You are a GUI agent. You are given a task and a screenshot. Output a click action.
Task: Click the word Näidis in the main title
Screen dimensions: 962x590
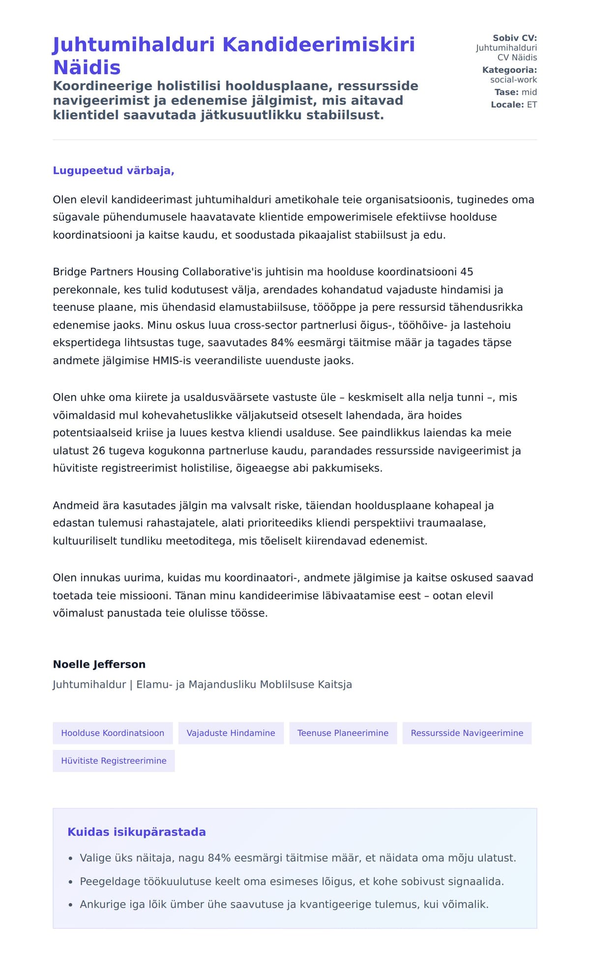(x=87, y=67)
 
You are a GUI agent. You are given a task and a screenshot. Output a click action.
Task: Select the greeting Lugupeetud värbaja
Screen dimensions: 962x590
(x=114, y=170)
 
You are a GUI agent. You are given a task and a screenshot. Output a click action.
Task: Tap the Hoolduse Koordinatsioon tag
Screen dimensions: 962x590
(x=113, y=733)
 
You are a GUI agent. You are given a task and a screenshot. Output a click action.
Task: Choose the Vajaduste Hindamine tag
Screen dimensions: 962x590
(x=231, y=733)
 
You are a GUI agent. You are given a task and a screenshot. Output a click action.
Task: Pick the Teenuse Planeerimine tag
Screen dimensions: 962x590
(x=343, y=733)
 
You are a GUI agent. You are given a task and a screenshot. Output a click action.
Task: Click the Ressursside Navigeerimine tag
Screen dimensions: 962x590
(x=467, y=733)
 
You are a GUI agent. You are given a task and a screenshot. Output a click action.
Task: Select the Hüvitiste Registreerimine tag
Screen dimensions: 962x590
(x=114, y=761)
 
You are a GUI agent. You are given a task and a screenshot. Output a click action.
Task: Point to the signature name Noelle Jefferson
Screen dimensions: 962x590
(x=99, y=664)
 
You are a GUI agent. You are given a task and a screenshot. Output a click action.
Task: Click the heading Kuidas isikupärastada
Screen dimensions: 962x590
(x=136, y=832)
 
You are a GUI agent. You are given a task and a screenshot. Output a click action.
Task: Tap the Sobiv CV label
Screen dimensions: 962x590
(x=515, y=38)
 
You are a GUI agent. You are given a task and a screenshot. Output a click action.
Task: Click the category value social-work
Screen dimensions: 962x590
(x=513, y=80)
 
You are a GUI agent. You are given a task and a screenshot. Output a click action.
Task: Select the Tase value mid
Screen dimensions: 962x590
(x=529, y=92)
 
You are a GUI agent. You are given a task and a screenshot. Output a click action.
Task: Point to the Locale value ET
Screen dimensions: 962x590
(x=532, y=105)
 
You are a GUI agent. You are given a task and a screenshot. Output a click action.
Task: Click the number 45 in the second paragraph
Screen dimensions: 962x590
(x=467, y=272)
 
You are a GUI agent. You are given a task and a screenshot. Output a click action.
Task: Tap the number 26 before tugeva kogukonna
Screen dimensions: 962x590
(x=99, y=451)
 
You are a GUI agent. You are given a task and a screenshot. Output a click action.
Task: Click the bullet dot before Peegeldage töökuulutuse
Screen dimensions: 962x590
(x=70, y=882)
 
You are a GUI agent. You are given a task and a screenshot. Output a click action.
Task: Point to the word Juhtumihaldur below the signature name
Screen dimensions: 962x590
(x=89, y=684)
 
